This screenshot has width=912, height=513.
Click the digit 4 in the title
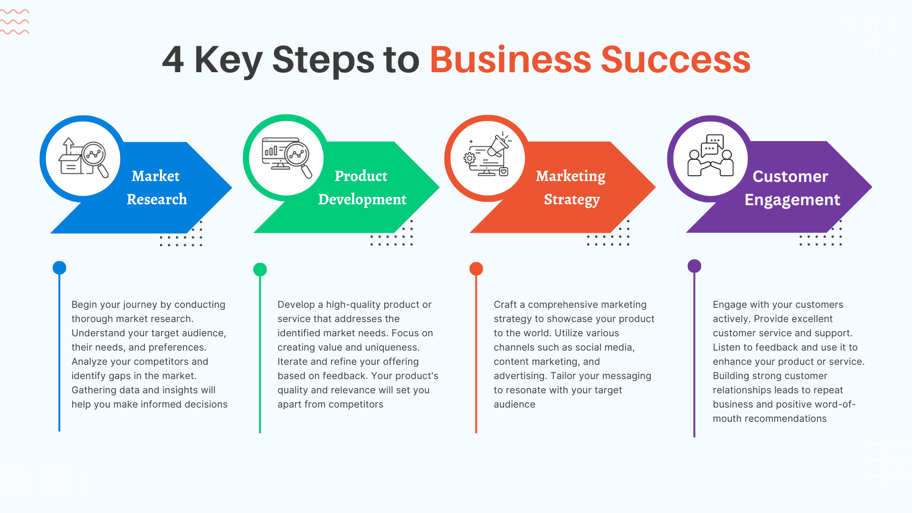click(x=173, y=60)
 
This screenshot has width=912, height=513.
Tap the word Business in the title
click(x=510, y=60)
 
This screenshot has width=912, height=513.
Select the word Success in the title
click(x=675, y=60)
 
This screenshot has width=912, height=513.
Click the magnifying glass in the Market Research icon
click(x=96, y=159)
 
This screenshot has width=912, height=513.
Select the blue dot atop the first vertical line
click(x=59, y=267)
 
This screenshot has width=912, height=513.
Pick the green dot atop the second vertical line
click(x=260, y=269)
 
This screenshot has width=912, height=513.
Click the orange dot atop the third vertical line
click(x=476, y=269)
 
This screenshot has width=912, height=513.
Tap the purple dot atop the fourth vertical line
click(x=694, y=266)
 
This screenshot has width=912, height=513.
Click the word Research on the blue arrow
click(x=157, y=199)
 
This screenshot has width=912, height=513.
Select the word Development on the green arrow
click(x=362, y=199)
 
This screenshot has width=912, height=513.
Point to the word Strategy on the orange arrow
click(x=572, y=200)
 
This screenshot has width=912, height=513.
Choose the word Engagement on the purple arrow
click(x=792, y=200)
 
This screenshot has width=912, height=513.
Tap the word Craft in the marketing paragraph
click(x=505, y=304)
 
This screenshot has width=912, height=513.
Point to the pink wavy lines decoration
click(x=15, y=22)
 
